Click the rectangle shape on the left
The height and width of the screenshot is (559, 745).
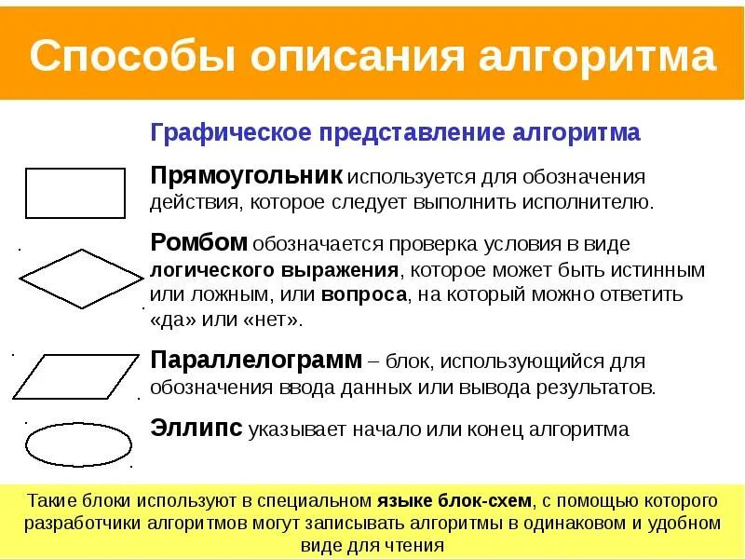click(74, 193)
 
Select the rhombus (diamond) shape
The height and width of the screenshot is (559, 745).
click(80, 279)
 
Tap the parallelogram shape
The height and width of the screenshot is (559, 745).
click(74, 376)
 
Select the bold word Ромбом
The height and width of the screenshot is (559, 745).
click(199, 244)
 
